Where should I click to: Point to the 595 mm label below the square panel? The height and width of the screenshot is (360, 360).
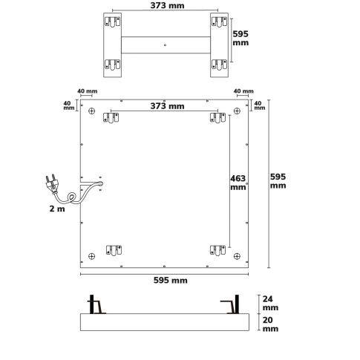point(171,281)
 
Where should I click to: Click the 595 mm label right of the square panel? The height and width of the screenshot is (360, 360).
point(278,181)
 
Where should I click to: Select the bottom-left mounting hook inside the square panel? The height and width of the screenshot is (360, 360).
point(113,252)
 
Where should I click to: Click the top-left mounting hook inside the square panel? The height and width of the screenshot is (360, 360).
point(113,119)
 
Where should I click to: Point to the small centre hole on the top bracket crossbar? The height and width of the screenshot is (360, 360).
point(164,44)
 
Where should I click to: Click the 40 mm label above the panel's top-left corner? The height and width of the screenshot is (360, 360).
point(87,91)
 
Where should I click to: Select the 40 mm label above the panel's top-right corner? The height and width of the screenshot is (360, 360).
point(242,91)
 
